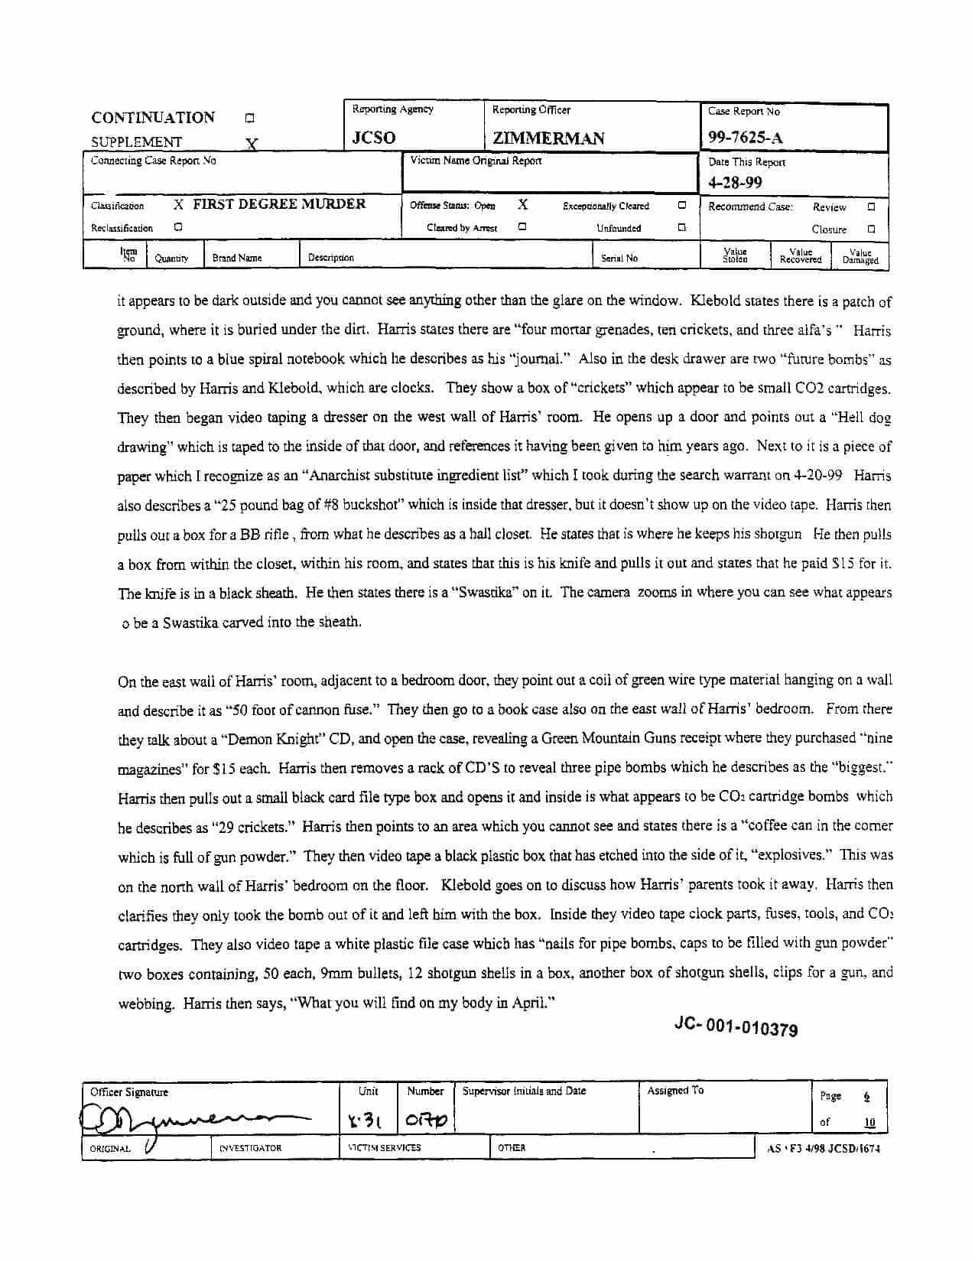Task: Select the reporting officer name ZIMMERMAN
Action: coord(548,138)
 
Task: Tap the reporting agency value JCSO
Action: coord(373,138)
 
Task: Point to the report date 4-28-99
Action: coord(735,182)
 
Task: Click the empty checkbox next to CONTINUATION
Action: coord(249,119)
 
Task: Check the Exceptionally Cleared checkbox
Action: coord(681,205)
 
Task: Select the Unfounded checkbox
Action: coord(681,227)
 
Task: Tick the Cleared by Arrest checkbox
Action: coord(522,226)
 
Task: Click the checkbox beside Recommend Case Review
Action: coord(871,207)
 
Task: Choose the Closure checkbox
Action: coord(871,229)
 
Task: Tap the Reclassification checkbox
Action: coord(177,226)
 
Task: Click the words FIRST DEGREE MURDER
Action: coord(279,204)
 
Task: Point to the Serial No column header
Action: coord(619,259)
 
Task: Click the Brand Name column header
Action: coord(237,259)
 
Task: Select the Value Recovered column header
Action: coord(800,256)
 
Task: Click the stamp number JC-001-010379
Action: coord(736,1027)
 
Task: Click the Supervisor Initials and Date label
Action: coord(524,1091)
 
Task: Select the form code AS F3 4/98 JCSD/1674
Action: coord(823,1149)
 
